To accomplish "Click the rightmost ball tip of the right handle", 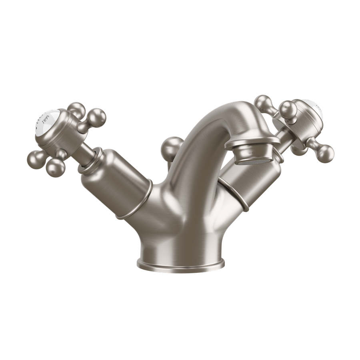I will (325, 152).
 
